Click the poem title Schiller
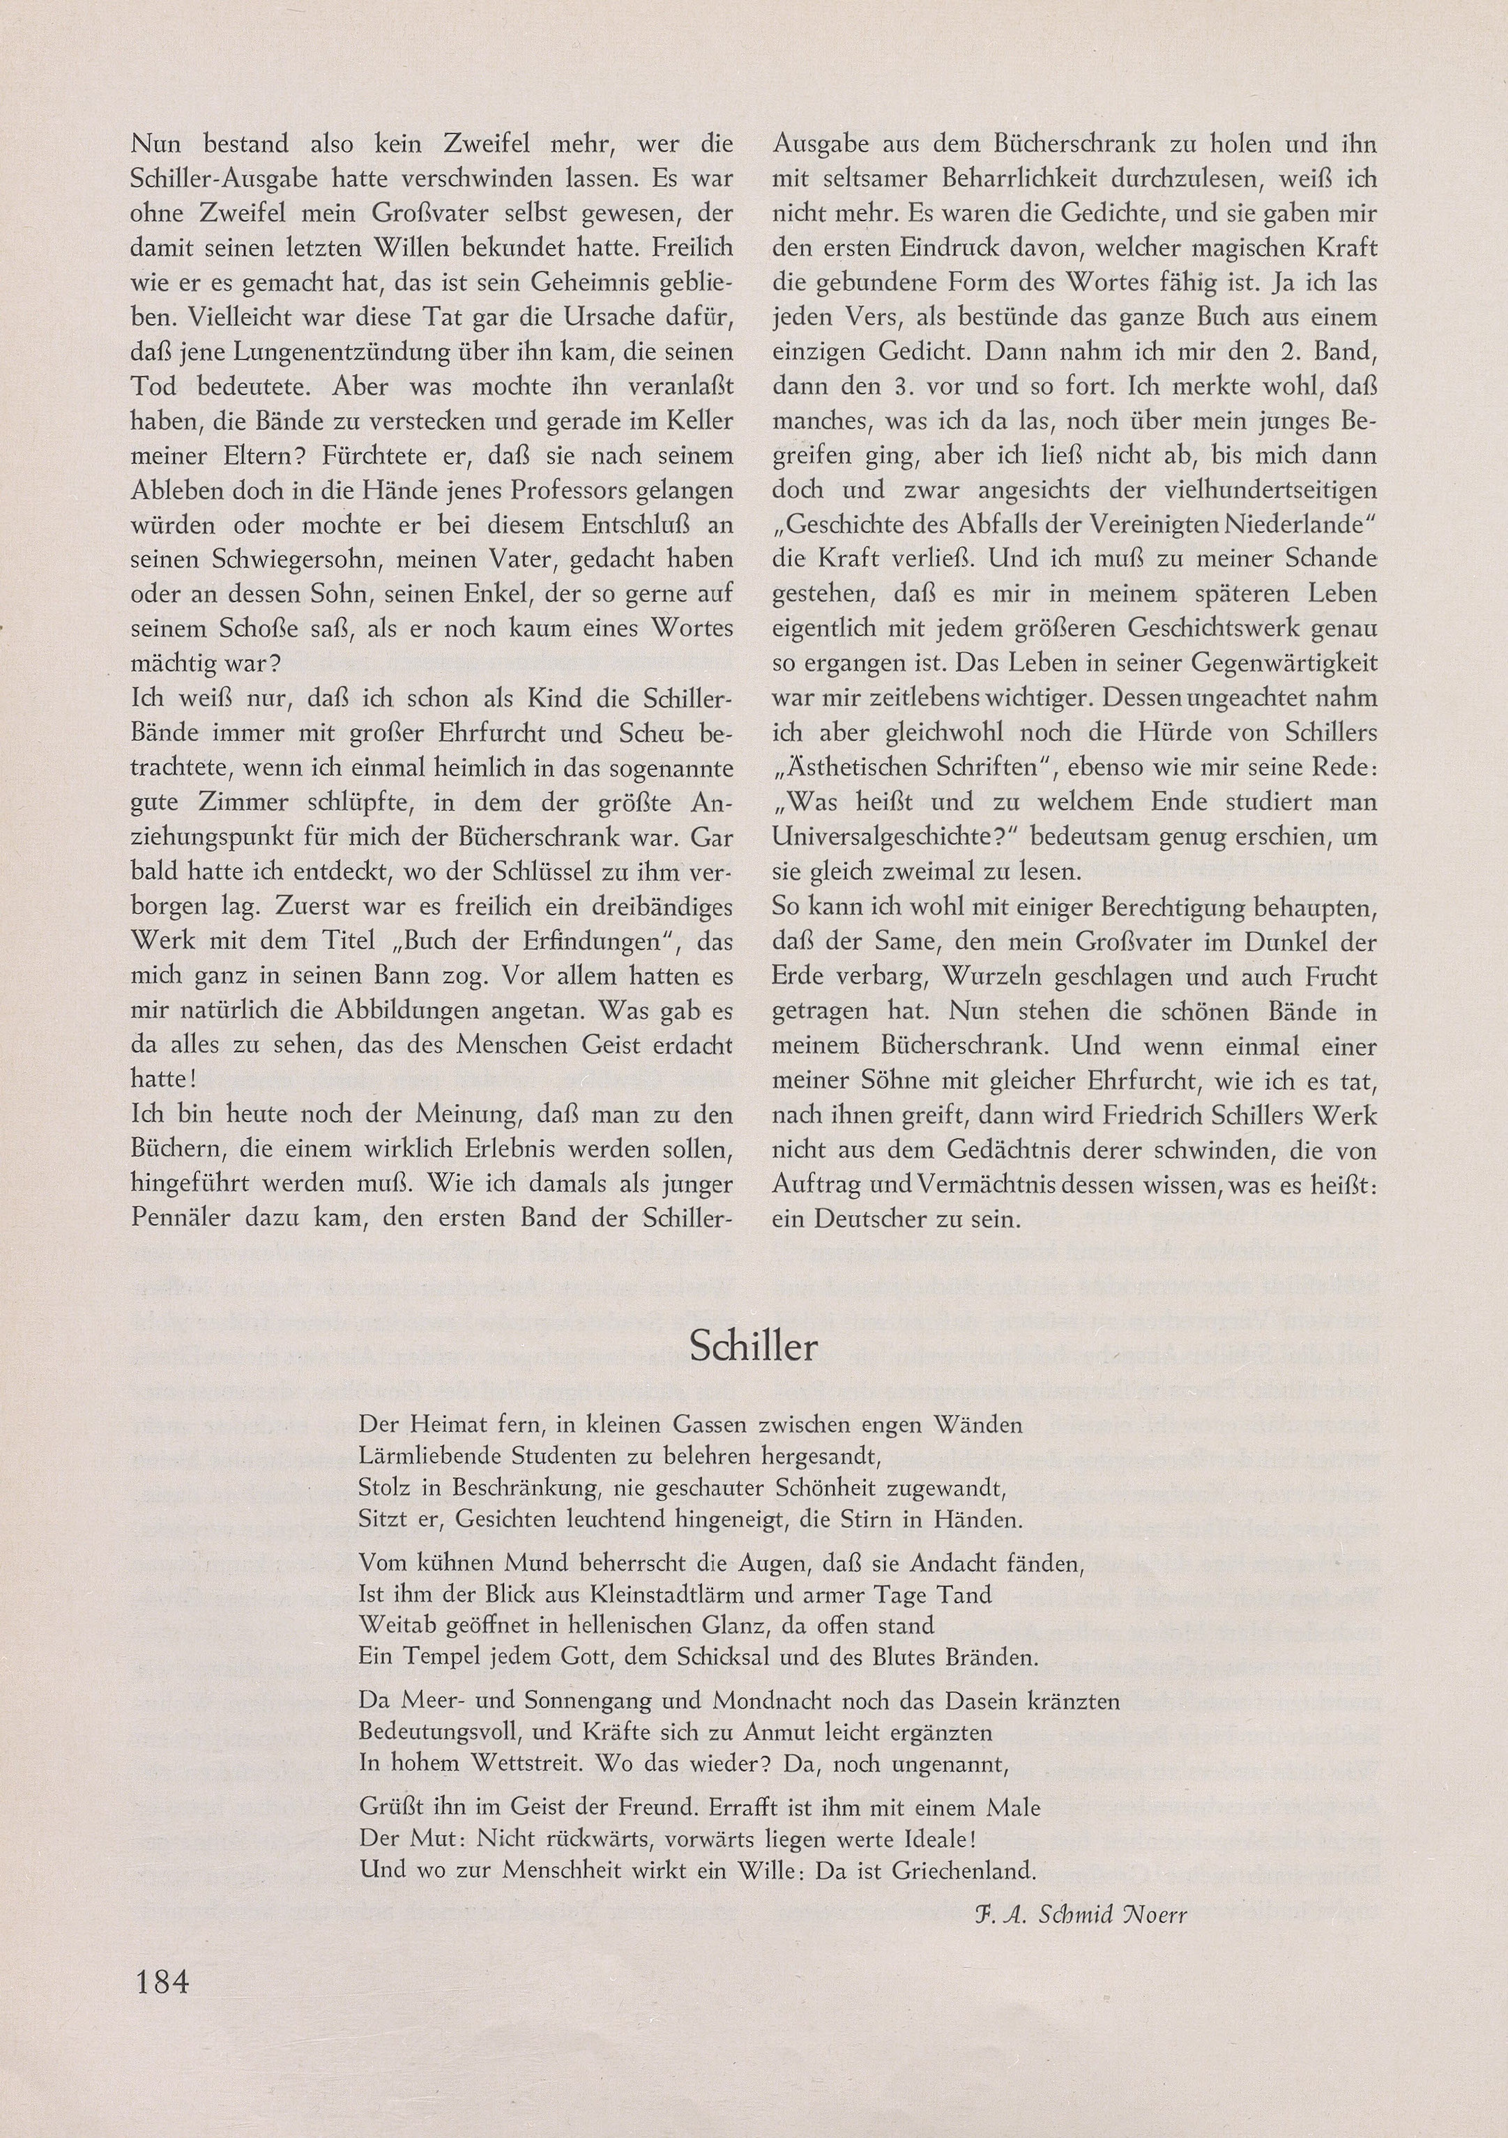(754, 1347)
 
